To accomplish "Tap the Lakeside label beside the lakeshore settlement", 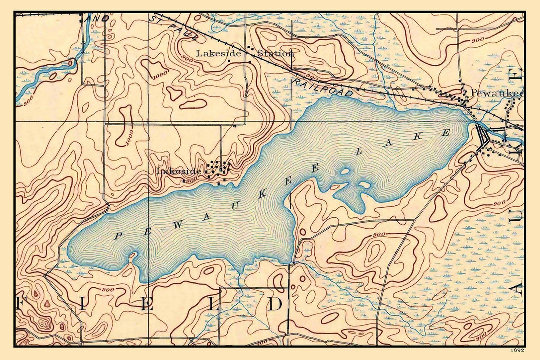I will coord(179,171).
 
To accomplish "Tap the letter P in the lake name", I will coord(117,236).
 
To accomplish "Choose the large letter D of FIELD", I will coord(275,304).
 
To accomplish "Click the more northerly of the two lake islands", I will coord(345,172).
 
